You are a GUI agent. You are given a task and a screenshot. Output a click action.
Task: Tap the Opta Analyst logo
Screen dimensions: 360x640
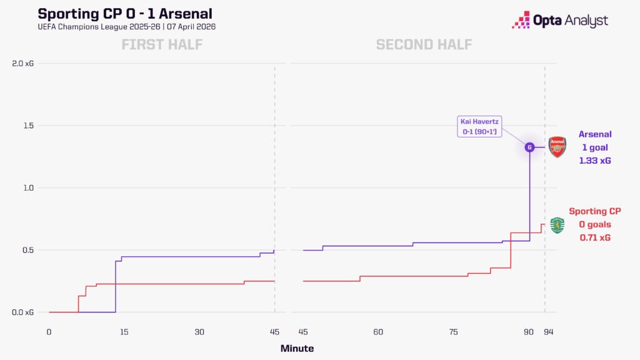point(560,21)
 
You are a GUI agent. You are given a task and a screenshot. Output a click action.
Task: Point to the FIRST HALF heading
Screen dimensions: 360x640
point(162,44)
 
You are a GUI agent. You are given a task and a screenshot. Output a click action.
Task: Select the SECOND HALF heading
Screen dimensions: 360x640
point(424,44)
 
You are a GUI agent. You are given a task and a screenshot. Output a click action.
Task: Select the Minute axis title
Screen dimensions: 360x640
point(297,348)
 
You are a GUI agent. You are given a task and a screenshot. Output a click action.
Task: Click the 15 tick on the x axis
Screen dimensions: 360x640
point(124,332)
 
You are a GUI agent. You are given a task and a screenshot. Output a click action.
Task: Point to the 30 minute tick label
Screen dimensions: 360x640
point(199,332)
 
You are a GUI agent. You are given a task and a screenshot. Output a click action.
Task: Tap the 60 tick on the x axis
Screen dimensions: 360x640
point(378,332)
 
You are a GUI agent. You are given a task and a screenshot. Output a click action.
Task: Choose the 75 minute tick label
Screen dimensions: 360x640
point(453,332)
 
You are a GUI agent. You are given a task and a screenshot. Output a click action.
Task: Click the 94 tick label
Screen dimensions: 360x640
point(548,332)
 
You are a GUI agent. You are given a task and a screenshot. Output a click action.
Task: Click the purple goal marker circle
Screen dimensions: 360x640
point(529,147)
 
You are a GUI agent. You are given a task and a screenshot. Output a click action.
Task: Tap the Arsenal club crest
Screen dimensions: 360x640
point(557,147)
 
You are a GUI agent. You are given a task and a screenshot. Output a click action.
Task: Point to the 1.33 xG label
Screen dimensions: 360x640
point(594,161)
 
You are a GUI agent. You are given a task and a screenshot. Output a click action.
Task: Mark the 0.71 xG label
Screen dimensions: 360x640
point(594,237)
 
